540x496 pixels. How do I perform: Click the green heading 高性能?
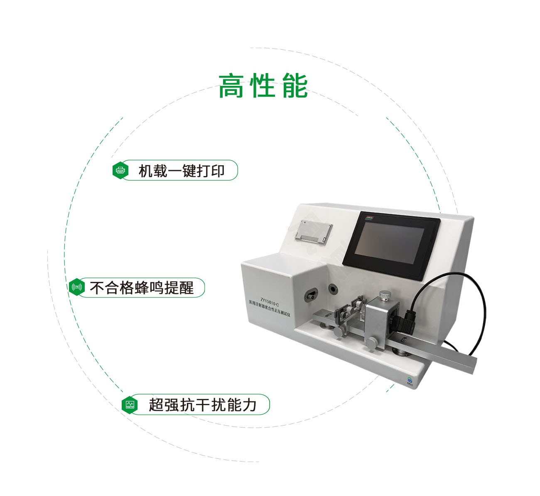[263, 86]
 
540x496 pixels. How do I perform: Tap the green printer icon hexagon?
[120, 170]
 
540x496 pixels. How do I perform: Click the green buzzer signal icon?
[77, 287]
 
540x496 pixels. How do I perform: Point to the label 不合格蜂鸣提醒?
[142, 288]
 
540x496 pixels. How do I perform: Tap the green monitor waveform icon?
[130, 404]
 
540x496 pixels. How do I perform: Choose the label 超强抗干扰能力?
[203, 404]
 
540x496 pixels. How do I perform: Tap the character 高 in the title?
[230, 86]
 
